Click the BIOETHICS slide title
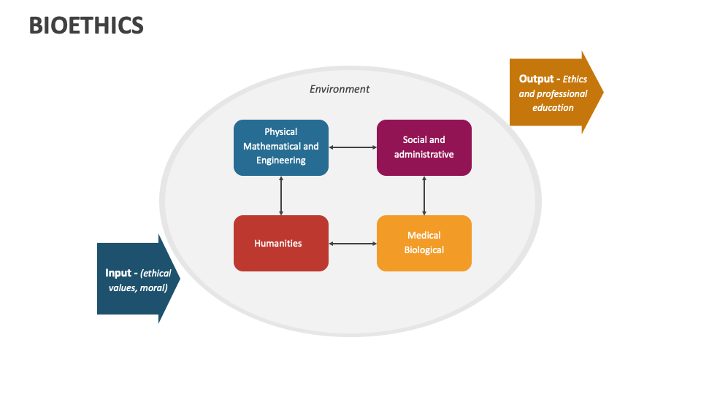pyautogui.click(x=86, y=26)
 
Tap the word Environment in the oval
pyautogui.click(x=340, y=89)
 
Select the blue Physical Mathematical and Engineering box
pyautogui.click(x=281, y=147)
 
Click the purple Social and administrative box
pyautogui.click(x=424, y=147)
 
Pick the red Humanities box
pyautogui.click(x=281, y=243)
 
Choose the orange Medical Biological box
pyautogui.click(x=424, y=243)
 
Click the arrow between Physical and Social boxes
pyautogui.click(x=353, y=147)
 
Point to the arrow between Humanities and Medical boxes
pyautogui.click(x=353, y=243)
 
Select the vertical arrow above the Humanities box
pyautogui.click(x=281, y=196)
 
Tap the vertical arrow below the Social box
pyautogui.click(x=424, y=196)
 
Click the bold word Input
pyautogui.click(x=118, y=273)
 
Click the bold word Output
pyautogui.click(x=537, y=79)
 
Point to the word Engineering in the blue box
pyautogui.click(x=281, y=160)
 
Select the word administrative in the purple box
pyautogui.click(x=424, y=154)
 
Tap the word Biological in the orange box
pyautogui.click(x=424, y=250)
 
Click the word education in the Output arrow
pyautogui.click(x=553, y=107)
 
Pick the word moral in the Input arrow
pyautogui.click(x=153, y=287)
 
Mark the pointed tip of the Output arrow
pyautogui.click(x=602, y=93)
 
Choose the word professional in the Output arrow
pyautogui.click(x=562, y=93)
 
